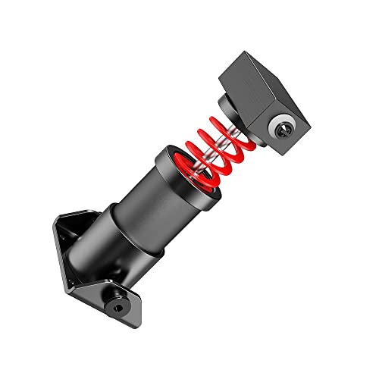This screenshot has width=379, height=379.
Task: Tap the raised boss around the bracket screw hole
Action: tap(118, 304)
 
